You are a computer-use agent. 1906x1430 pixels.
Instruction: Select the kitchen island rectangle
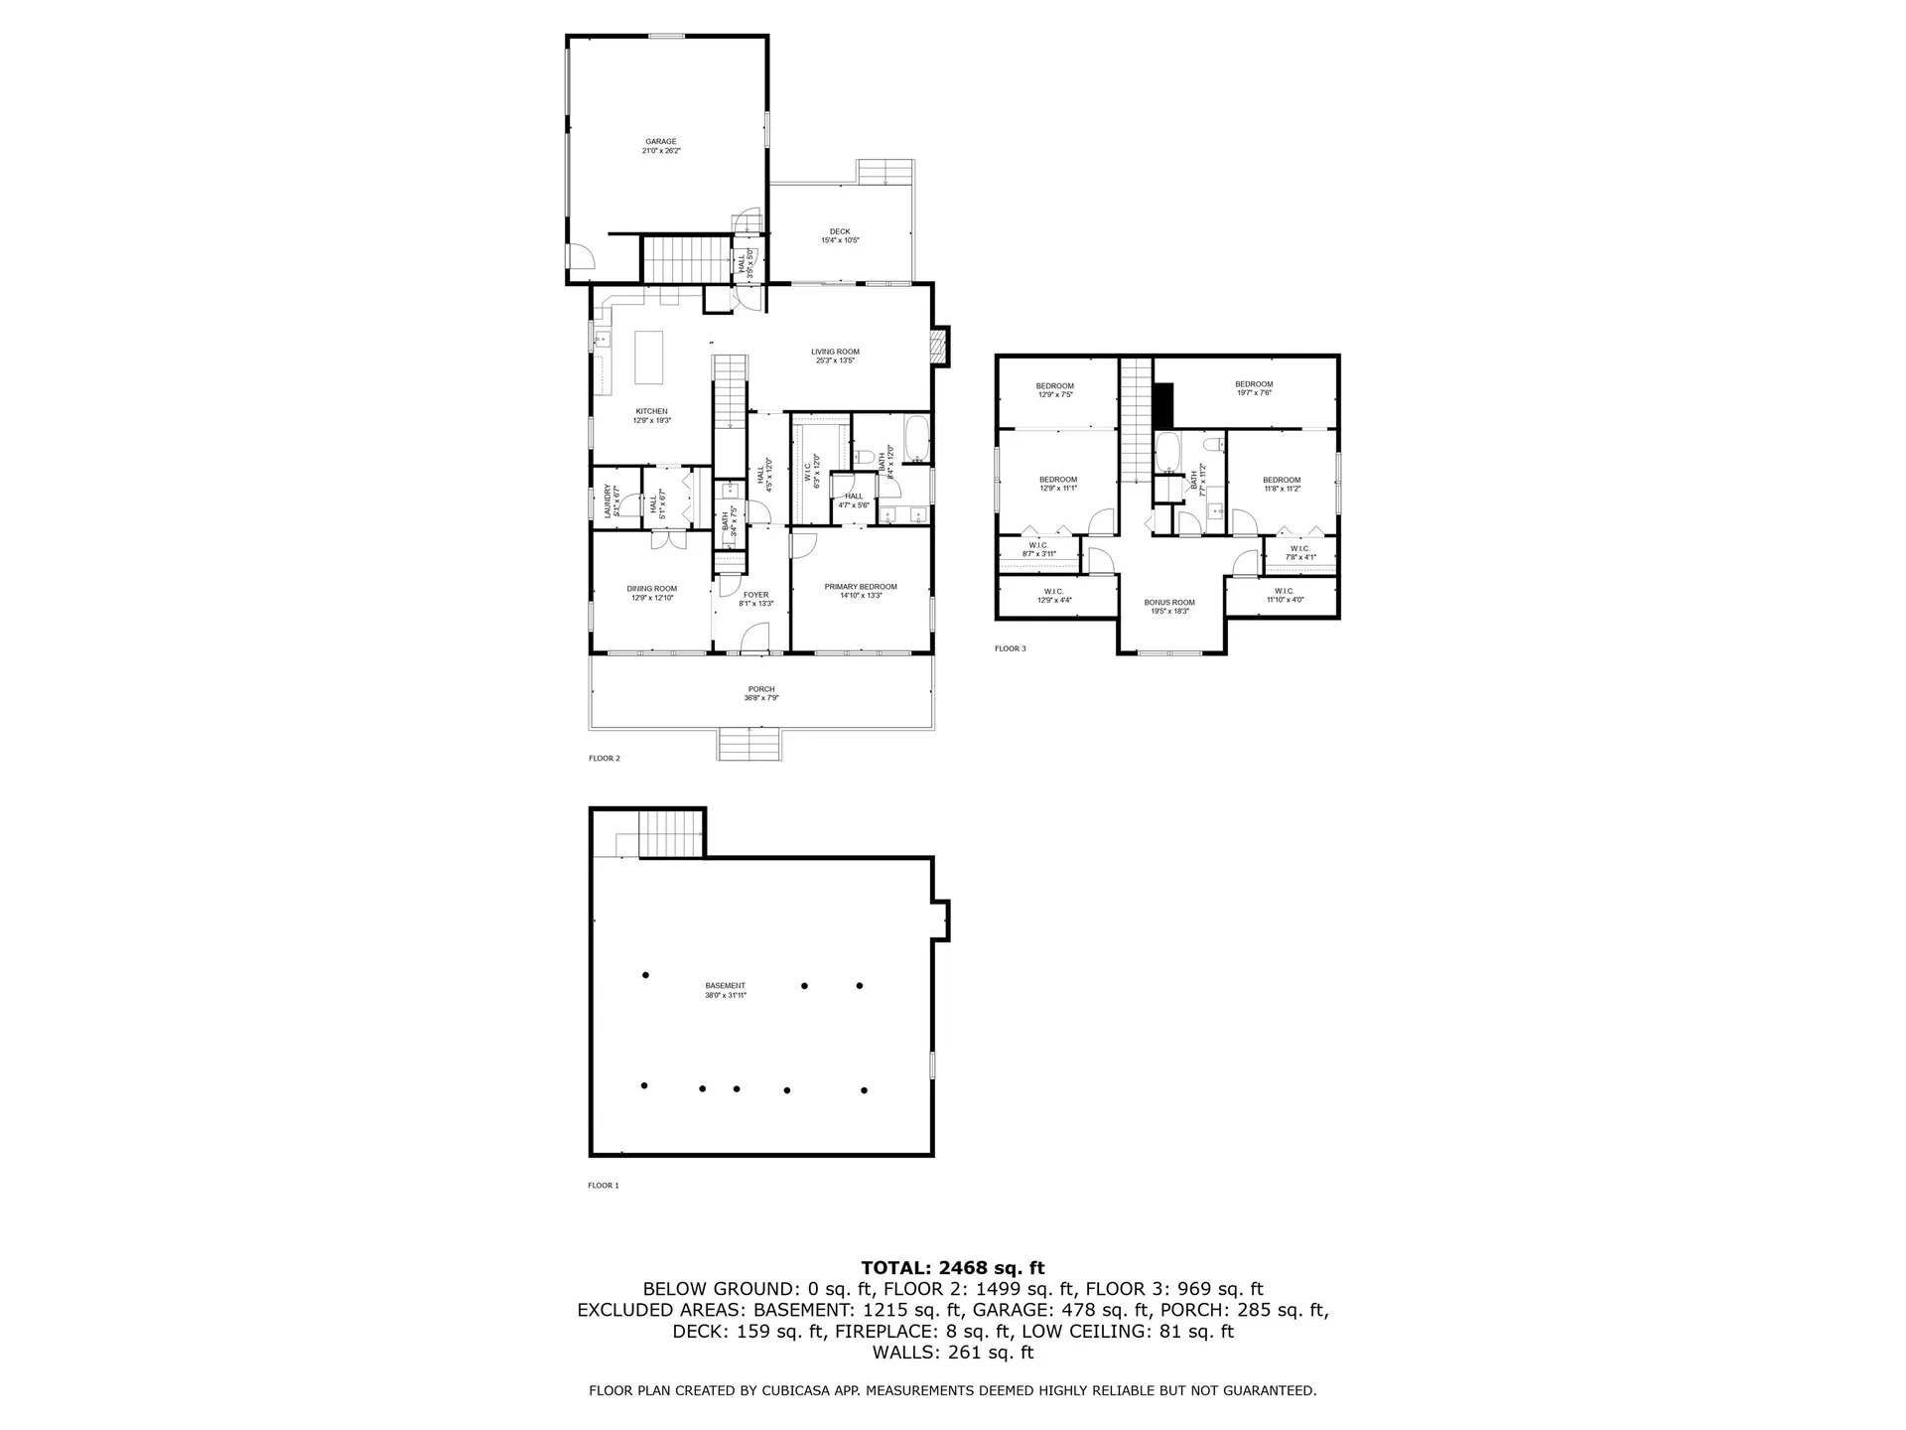coord(649,357)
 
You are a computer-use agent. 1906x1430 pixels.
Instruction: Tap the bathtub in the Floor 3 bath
coord(1166,453)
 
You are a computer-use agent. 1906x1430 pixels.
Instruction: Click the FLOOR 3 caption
coord(1010,648)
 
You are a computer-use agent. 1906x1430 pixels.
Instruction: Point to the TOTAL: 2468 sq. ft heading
coord(952,1267)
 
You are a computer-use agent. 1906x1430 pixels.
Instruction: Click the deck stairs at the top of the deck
coord(885,172)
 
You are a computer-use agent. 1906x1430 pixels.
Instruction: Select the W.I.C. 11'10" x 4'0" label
coord(1285,595)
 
